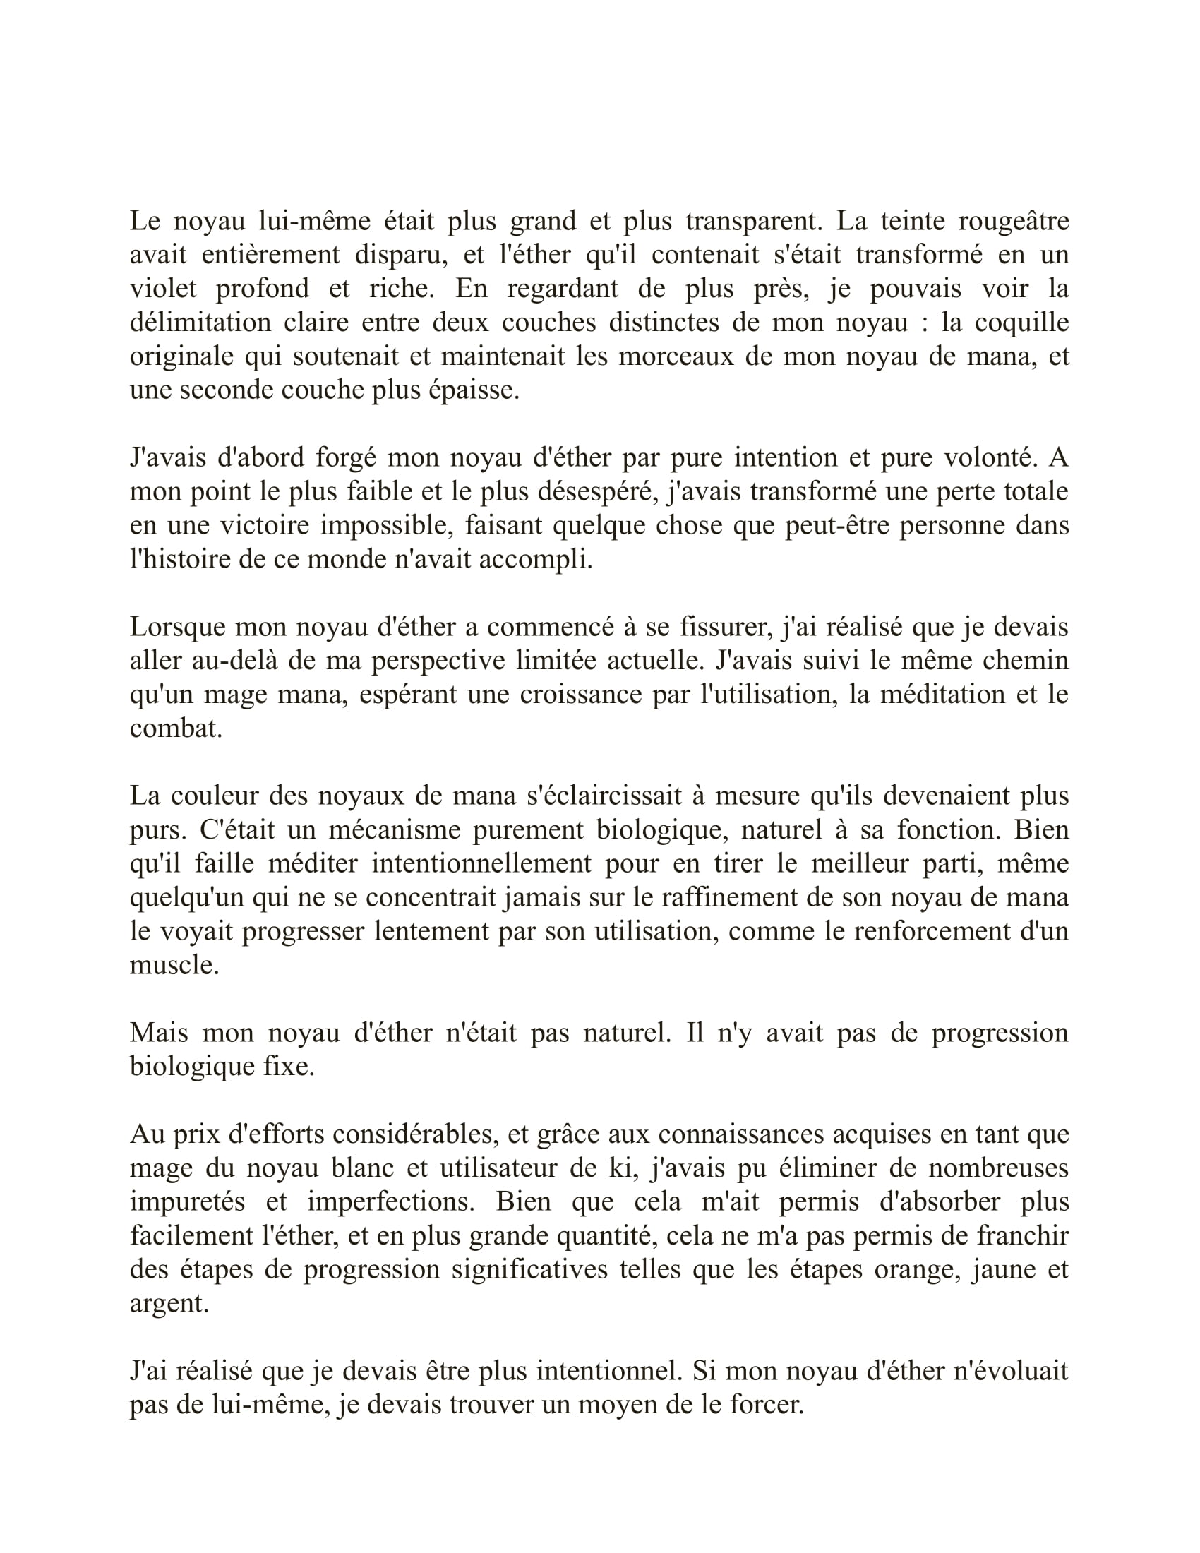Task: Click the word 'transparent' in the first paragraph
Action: click(753, 222)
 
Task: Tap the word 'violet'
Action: click(163, 289)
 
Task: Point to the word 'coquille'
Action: click(1021, 323)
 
